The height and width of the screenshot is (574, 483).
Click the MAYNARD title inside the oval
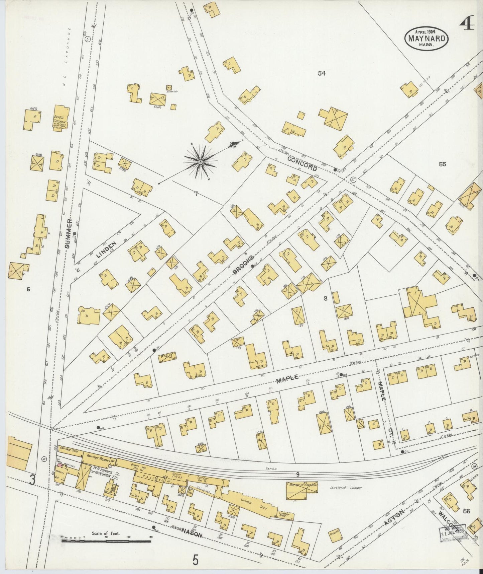click(427, 38)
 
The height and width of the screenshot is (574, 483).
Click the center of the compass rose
click(200, 162)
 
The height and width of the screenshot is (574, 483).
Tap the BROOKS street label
click(244, 265)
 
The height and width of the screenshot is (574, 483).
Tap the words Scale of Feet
click(106, 533)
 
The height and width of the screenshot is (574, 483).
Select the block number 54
click(322, 73)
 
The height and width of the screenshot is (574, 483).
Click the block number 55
click(443, 164)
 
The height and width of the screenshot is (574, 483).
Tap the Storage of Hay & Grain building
click(301, 492)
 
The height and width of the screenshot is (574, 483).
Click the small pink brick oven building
click(59, 465)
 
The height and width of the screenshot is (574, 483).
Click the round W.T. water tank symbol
click(169, 88)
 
